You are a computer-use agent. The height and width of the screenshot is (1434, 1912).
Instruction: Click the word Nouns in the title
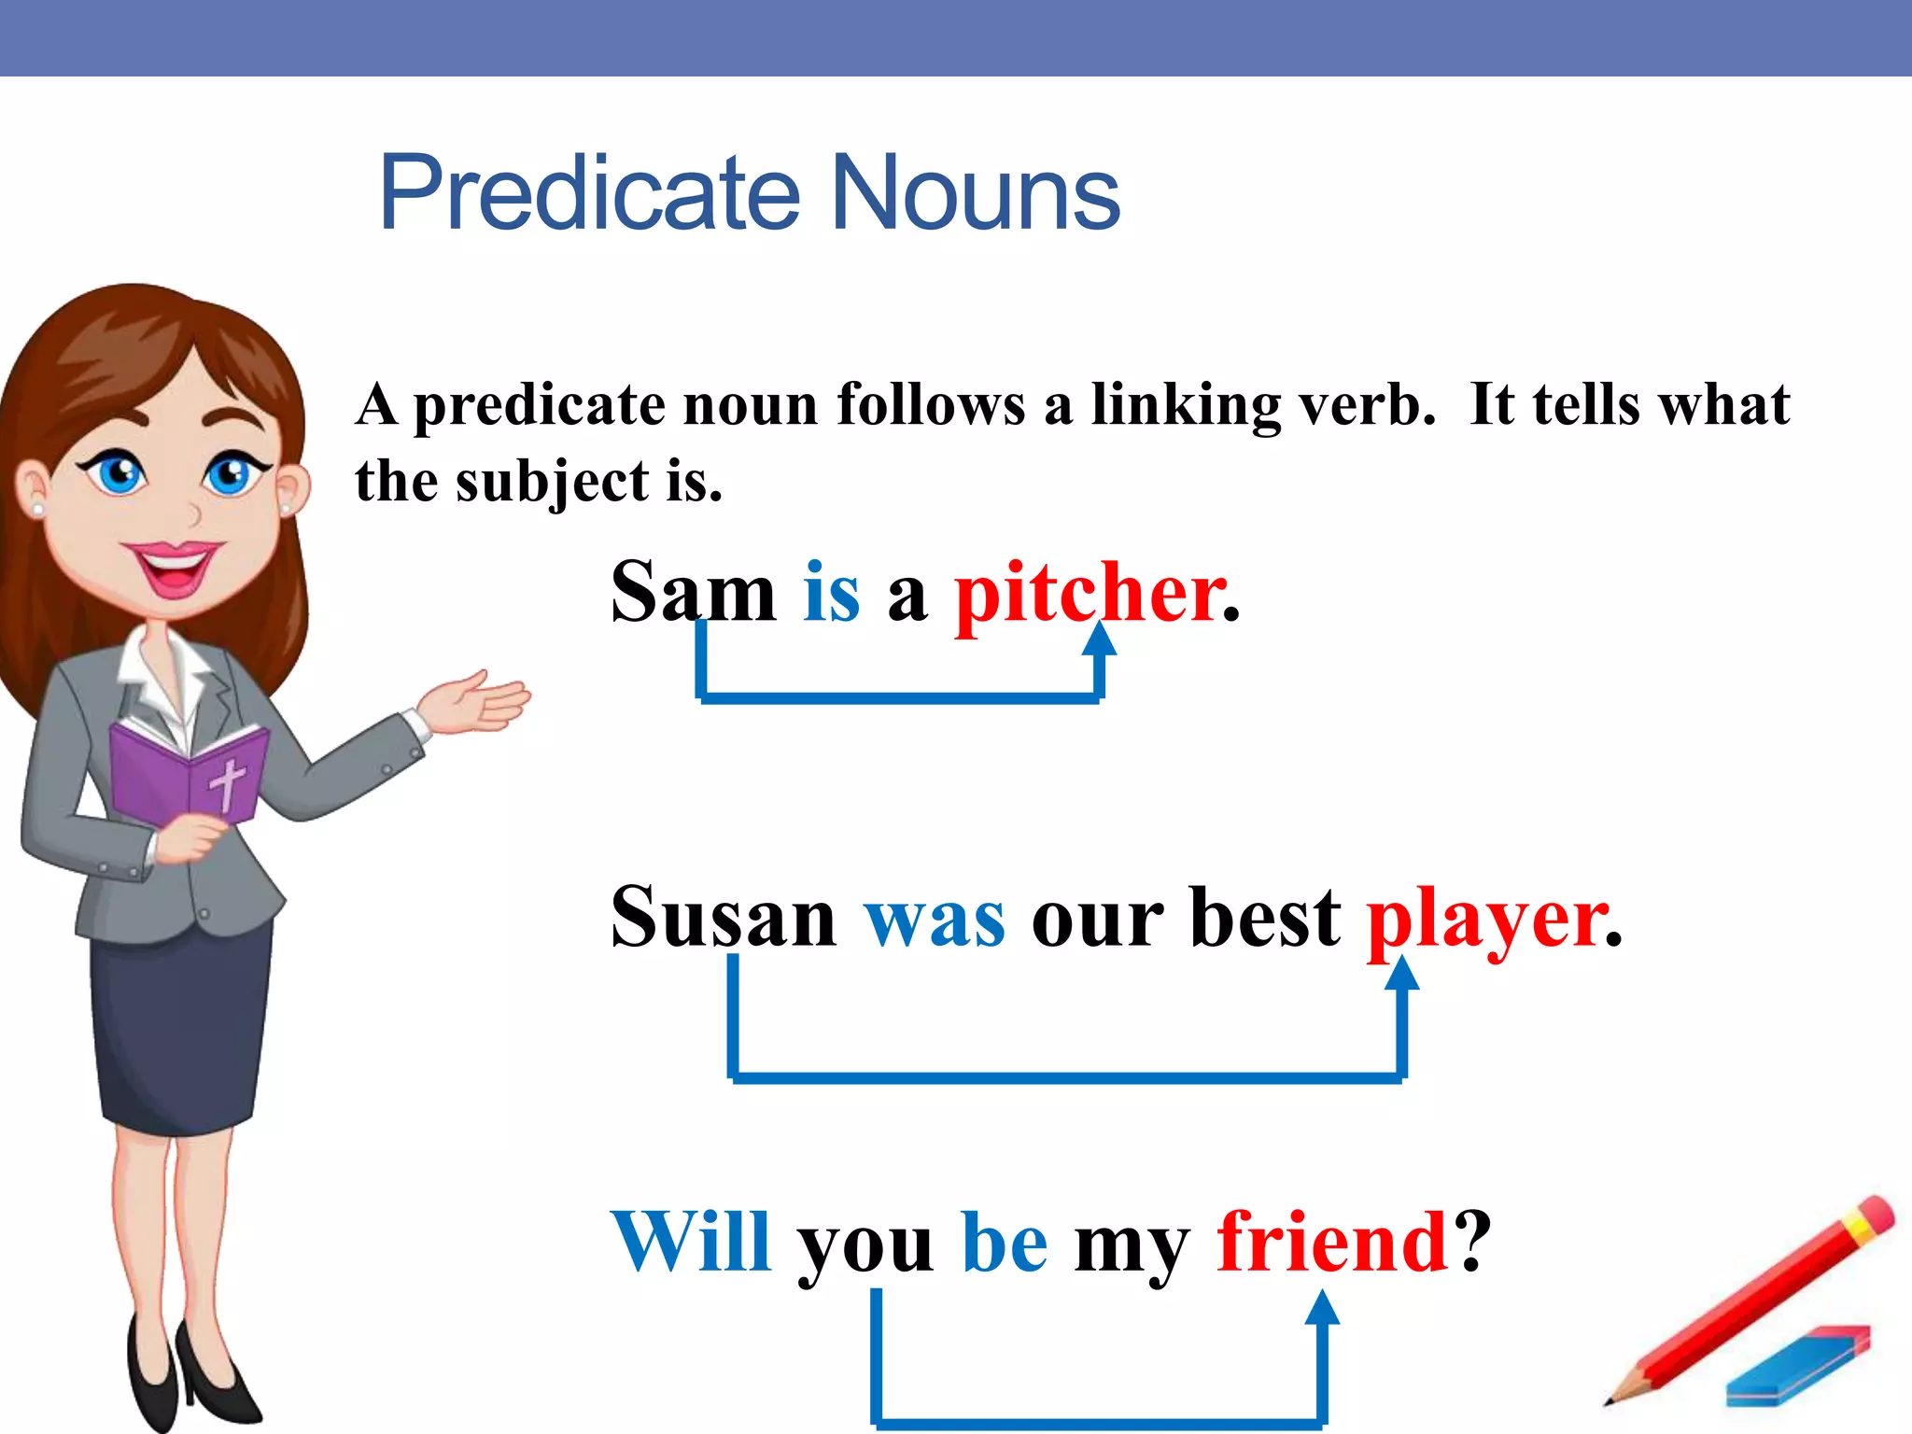tap(975, 193)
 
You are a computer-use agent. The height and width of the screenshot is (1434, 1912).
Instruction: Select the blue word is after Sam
tap(831, 594)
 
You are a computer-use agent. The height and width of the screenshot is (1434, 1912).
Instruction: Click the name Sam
tap(693, 594)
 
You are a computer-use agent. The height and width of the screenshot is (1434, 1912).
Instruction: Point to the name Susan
tap(724, 918)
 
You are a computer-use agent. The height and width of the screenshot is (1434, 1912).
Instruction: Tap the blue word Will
tap(691, 1242)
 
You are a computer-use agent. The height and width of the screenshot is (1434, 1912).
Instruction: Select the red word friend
tap(1331, 1242)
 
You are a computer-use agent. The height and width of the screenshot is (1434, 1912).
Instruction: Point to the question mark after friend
tap(1474, 1242)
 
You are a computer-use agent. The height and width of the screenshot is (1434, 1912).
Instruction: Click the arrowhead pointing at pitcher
tap(1101, 640)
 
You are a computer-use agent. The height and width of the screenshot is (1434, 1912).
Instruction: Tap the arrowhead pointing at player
tap(1401, 974)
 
